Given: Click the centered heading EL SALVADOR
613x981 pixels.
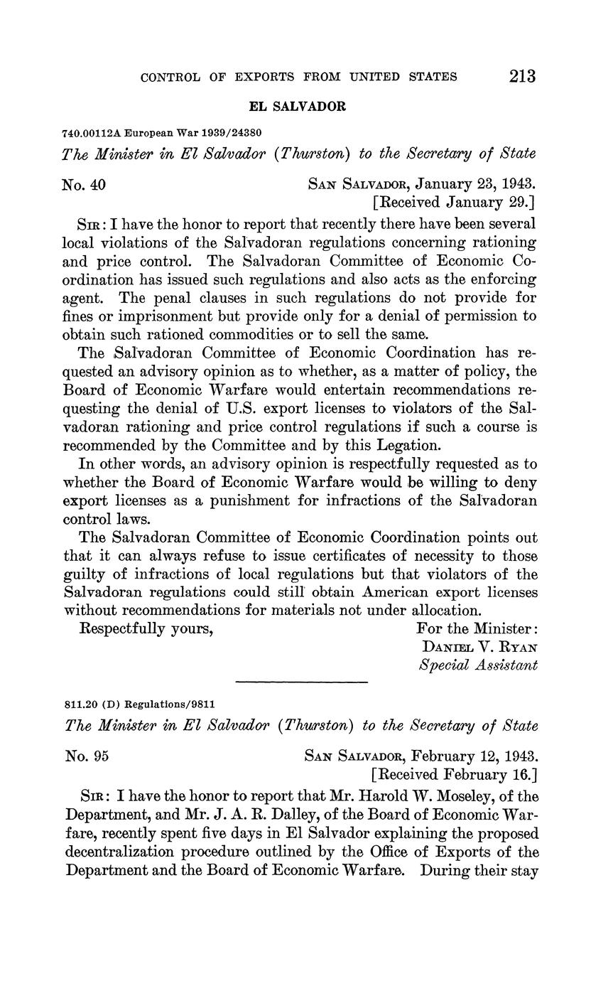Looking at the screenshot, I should click(x=297, y=107).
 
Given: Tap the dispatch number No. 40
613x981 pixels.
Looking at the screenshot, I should click(x=85, y=185).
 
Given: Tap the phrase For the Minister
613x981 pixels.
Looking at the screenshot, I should click(x=477, y=628).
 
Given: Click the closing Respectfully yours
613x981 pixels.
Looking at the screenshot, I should click(x=148, y=628).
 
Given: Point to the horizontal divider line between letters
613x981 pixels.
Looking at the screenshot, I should click(x=301, y=683).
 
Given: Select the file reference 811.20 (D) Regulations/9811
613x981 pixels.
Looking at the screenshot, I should click(x=139, y=704).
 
